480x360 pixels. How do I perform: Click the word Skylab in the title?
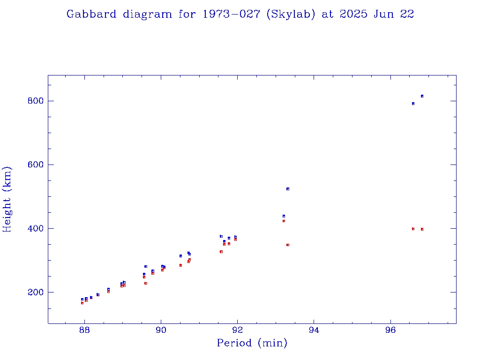coord(290,14)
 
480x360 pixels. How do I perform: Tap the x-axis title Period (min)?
coord(252,343)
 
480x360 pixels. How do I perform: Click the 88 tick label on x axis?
coord(84,330)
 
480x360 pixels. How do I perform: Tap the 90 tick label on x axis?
coord(161,330)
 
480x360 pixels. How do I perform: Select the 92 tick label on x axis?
coord(237,330)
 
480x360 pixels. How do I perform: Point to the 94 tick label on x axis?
coord(314,330)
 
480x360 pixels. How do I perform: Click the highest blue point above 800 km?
coord(422,96)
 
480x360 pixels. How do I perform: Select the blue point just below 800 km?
coord(413,104)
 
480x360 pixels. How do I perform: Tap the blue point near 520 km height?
coord(288,189)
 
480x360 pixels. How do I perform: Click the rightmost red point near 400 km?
coord(422,229)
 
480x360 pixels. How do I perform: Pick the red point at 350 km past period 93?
coord(288,245)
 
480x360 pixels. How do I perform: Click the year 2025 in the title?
coord(354,14)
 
